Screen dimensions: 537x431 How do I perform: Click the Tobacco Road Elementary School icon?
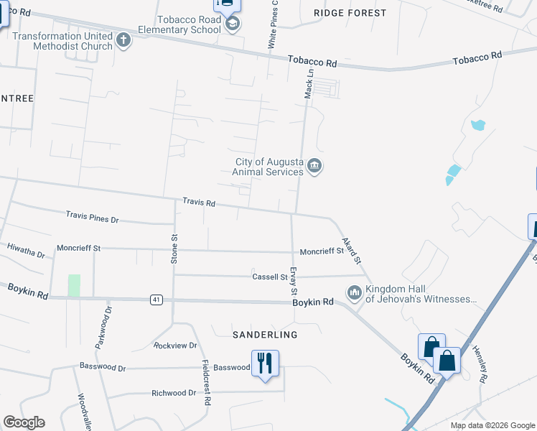point(232,25)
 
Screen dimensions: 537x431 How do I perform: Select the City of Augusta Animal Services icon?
point(314,167)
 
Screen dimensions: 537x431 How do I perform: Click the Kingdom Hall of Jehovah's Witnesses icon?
point(354,292)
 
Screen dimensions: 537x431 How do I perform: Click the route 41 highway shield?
point(156,300)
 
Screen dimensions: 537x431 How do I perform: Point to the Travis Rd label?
point(199,203)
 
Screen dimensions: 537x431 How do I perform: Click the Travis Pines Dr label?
point(92,215)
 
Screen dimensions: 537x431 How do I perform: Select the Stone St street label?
point(174,249)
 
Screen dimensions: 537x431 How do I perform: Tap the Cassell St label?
point(270,277)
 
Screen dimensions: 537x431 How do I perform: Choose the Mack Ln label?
point(309,84)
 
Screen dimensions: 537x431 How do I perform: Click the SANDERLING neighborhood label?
point(265,335)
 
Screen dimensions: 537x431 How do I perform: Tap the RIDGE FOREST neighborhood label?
point(350,13)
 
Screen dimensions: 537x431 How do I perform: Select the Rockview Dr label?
point(175,346)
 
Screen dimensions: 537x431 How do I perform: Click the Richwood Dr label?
point(174,393)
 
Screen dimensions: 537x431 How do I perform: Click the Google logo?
point(24,422)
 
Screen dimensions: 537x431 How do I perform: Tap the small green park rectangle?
point(74,285)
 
